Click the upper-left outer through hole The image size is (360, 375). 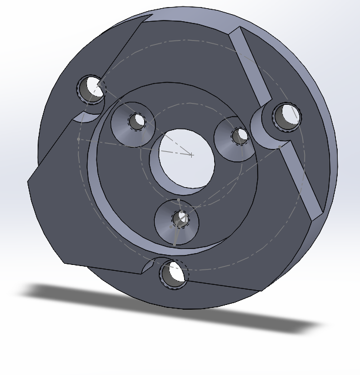click(92, 89)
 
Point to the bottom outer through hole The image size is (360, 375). click(173, 273)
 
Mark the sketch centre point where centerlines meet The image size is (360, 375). click(192, 155)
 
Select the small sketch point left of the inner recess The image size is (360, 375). click(78, 139)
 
